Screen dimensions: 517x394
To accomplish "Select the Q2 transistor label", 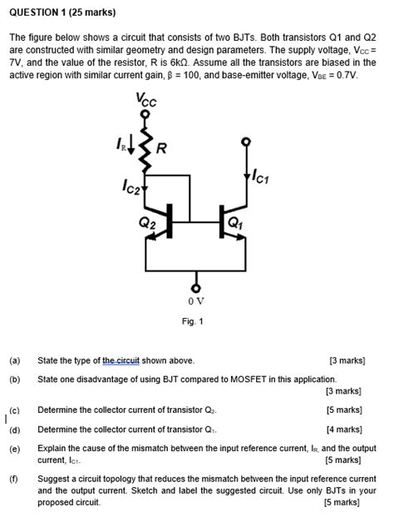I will (147, 222).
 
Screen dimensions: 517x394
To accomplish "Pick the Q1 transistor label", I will (235, 222).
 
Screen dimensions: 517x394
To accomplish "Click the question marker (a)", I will (15, 360).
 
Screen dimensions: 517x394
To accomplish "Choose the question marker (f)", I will (15, 480).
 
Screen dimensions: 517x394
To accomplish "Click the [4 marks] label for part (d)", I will (344, 430).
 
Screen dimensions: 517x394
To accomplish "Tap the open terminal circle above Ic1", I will (244, 142).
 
